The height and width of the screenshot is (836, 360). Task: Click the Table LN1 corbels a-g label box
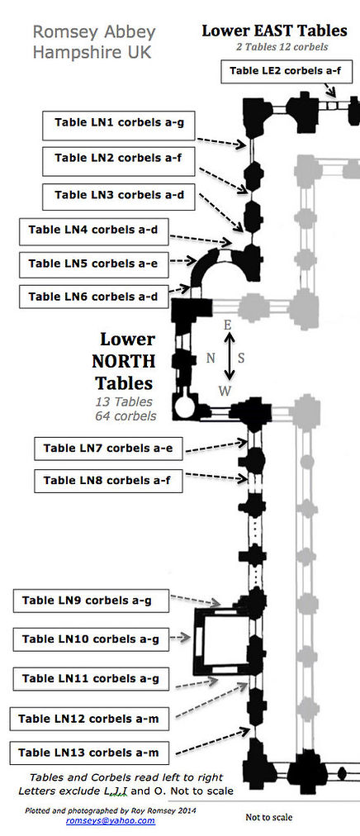(119, 126)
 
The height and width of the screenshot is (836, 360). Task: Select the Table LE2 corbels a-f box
(287, 71)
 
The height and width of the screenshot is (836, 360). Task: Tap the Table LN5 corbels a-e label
(94, 264)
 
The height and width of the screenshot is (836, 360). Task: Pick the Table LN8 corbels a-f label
(109, 481)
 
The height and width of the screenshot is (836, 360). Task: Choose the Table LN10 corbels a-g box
(91, 639)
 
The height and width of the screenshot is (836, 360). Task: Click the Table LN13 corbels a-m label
(89, 753)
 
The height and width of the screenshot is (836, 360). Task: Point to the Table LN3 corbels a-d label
(119, 196)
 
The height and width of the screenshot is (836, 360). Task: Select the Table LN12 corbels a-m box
(89, 719)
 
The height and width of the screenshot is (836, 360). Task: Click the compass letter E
(227, 325)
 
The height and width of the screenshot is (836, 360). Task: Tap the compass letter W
(225, 391)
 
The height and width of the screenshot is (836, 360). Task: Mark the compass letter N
(211, 359)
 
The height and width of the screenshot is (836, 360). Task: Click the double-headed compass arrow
(229, 357)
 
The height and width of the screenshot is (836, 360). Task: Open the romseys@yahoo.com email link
(111, 821)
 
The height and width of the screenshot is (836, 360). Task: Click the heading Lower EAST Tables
(274, 31)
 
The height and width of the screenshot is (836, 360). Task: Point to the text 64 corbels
(126, 416)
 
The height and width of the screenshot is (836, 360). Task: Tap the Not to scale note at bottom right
(269, 817)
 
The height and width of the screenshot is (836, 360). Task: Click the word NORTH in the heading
(124, 362)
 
